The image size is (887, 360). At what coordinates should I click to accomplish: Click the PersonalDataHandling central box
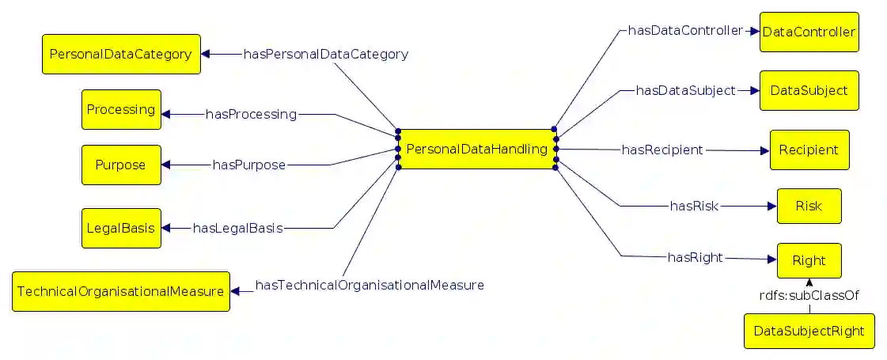pos(476,149)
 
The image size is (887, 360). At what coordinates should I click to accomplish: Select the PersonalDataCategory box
pos(121,54)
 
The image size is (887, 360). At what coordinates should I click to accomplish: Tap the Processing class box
pos(121,109)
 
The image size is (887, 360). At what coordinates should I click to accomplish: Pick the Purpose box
pos(121,165)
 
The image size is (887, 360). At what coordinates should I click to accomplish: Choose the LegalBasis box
pos(121,228)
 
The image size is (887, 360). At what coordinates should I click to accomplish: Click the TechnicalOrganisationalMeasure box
pos(121,291)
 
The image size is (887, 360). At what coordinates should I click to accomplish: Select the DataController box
pos(809,32)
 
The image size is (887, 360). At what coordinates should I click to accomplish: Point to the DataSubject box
pos(809,90)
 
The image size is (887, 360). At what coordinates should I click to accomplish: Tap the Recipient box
pos(809,150)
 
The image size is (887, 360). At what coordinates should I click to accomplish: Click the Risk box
pos(809,206)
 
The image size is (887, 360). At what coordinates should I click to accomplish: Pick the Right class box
pos(809,260)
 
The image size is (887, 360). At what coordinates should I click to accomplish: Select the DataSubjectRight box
pos(809,330)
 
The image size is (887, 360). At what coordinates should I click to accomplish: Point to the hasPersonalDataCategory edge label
pos(326,54)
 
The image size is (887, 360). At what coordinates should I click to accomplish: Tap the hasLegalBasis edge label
pos(238,228)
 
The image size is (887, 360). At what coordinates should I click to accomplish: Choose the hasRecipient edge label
pos(662,149)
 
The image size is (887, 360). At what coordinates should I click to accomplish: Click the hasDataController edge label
pos(685,30)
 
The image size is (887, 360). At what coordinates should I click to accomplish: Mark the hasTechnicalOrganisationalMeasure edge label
pos(370,285)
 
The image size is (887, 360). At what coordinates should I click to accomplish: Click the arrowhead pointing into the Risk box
pos(771,207)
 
